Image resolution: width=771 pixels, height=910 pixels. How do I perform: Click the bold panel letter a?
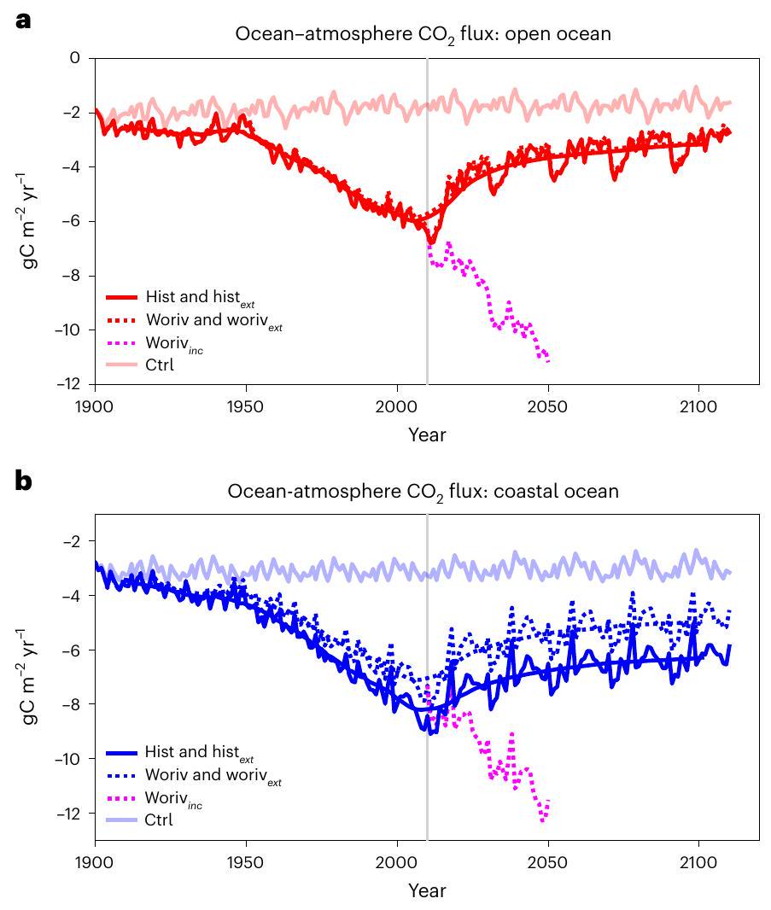coord(24,20)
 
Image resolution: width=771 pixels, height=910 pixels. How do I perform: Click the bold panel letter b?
coord(25,481)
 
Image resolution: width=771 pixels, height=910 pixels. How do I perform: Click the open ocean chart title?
coord(423,35)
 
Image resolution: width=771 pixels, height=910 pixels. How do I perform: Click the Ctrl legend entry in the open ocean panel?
coord(160,365)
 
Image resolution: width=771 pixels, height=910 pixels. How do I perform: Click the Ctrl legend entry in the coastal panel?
coord(160,820)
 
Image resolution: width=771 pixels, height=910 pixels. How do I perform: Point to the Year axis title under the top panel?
coord(426,435)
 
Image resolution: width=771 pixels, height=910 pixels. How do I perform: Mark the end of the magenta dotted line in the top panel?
coord(548,361)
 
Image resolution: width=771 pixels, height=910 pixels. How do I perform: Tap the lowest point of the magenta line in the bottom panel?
coord(544,820)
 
